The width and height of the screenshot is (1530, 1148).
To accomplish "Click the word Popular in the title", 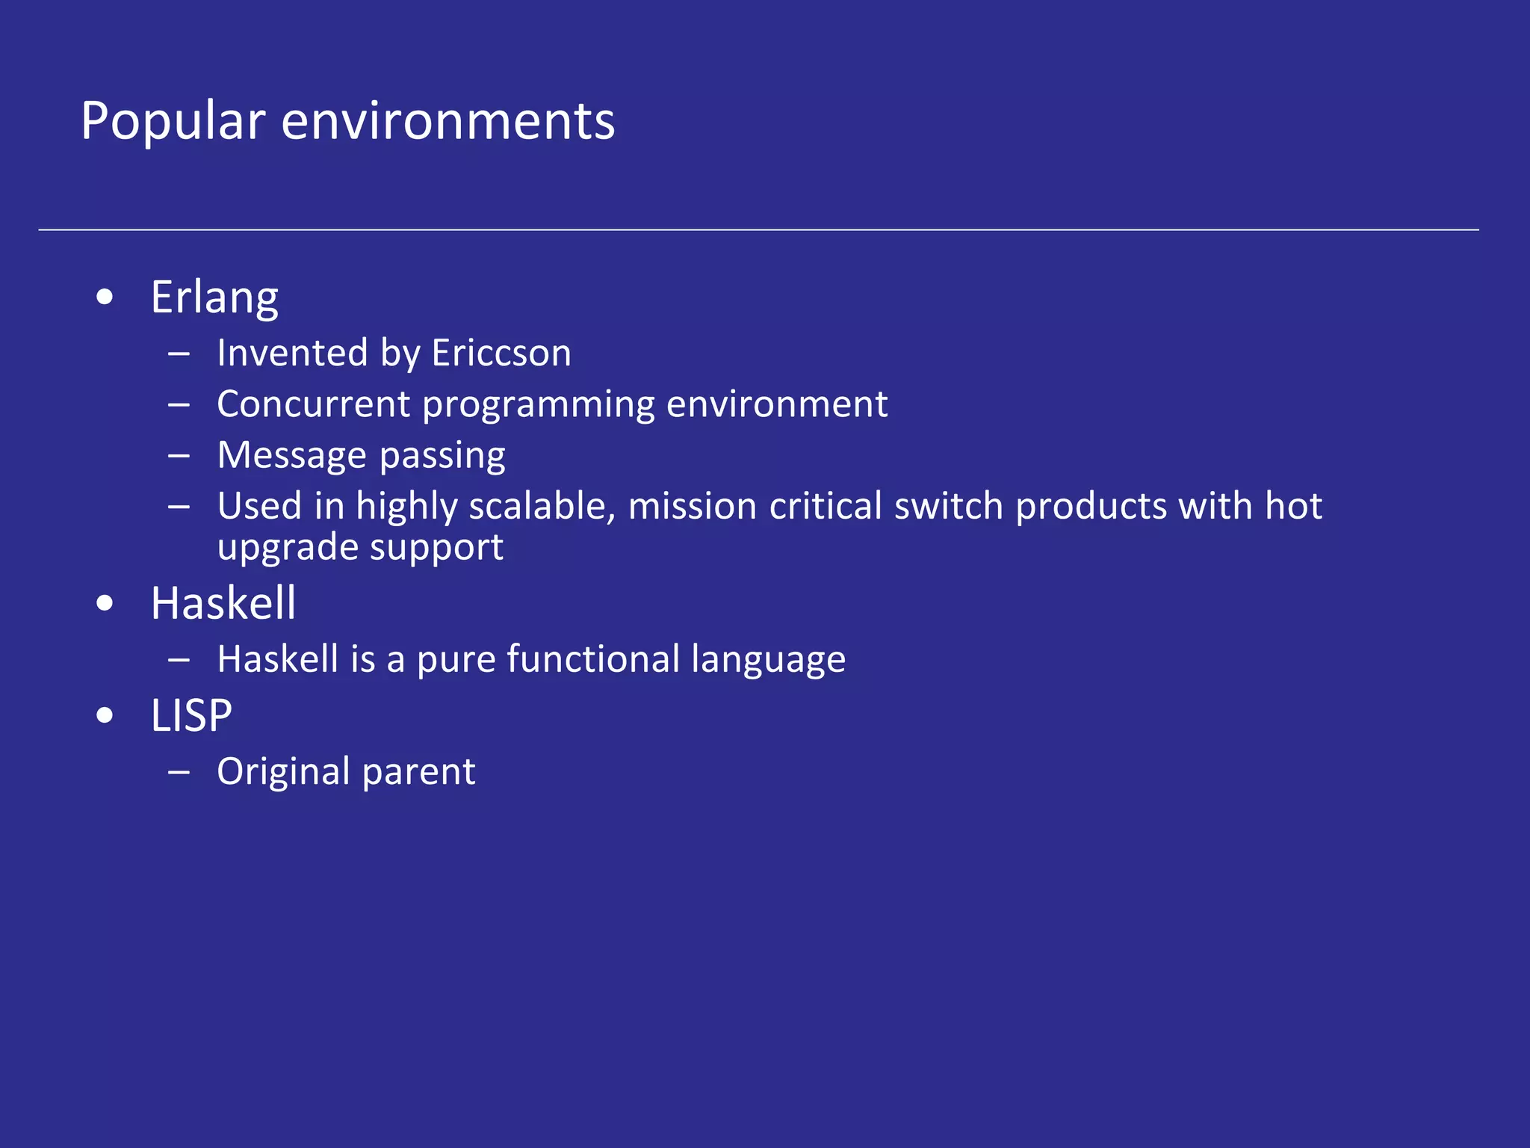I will [x=173, y=121].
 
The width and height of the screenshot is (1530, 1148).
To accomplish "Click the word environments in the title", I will [x=447, y=121].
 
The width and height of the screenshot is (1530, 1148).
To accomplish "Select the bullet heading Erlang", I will [x=214, y=298].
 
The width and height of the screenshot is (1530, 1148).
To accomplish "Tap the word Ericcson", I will [x=501, y=353].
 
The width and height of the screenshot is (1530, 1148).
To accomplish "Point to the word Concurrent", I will [x=314, y=404].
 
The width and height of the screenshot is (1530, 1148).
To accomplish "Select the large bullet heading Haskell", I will [x=223, y=603].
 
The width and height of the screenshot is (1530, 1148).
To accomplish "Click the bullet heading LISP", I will [x=191, y=716].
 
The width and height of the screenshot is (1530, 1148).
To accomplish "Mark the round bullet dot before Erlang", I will [x=105, y=298].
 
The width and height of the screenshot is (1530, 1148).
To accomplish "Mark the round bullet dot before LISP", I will [x=105, y=716].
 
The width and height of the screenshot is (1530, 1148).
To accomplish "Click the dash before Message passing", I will [x=179, y=455].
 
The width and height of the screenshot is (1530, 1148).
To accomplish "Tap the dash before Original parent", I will [x=179, y=772].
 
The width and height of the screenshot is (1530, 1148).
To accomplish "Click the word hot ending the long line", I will [x=1293, y=507].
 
